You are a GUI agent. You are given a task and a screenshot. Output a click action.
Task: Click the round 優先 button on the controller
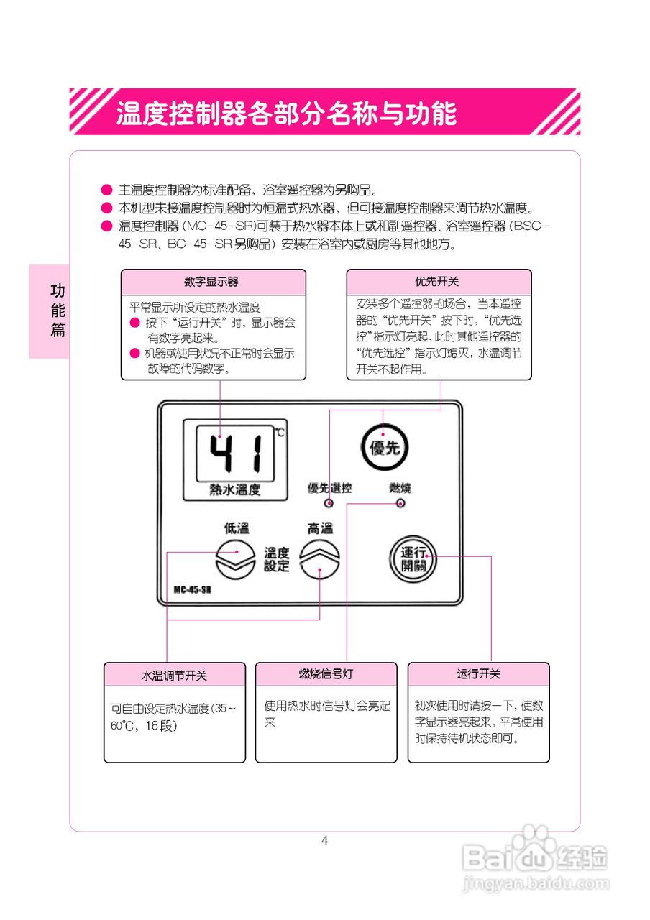point(383,447)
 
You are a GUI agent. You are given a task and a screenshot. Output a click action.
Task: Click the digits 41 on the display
point(237,455)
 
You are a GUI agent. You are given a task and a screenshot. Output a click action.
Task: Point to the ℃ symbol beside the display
point(279,433)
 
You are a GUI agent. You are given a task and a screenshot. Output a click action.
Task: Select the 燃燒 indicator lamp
point(400,503)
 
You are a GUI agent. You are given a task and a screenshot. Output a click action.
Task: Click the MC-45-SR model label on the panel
point(192,589)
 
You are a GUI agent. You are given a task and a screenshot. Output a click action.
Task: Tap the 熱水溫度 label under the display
point(234,489)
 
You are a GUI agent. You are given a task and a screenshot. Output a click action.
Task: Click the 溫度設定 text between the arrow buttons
point(277,560)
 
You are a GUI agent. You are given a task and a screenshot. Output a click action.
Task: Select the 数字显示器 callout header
point(213,282)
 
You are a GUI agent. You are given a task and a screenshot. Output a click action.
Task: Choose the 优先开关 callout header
point(439,282)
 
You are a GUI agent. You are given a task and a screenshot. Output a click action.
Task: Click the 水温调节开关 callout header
point(174,676)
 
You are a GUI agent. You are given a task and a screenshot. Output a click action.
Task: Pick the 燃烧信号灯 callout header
point(326,674)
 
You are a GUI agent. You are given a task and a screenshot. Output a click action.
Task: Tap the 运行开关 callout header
point(478,674)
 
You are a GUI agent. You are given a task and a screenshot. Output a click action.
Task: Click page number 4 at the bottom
point(325,841)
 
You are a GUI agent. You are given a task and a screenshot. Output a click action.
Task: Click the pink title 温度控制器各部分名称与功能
point(286,113)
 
